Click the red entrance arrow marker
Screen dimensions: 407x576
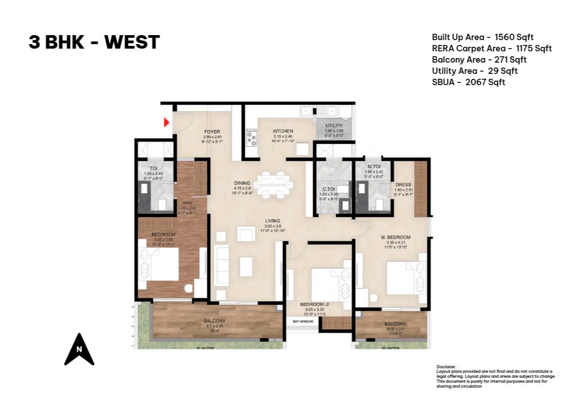pos(166,122)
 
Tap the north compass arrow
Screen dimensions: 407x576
pos(79,349)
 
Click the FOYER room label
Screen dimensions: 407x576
pos(212,132)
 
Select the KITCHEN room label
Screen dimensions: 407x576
pos(283,131)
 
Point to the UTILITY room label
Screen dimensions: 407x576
pos(334,126)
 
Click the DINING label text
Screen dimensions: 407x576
pos(242,183)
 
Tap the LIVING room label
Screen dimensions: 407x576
pos(273,221)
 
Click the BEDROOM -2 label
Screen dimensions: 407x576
pos(315,304)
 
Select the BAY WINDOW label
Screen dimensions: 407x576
pos(303,321)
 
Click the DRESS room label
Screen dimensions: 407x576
pos(403,185)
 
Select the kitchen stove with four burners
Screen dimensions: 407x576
pos(251,137)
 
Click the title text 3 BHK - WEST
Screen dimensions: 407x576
pos(94,42)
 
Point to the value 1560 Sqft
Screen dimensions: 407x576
pos(514,37)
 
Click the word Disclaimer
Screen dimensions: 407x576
pos(446,367)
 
